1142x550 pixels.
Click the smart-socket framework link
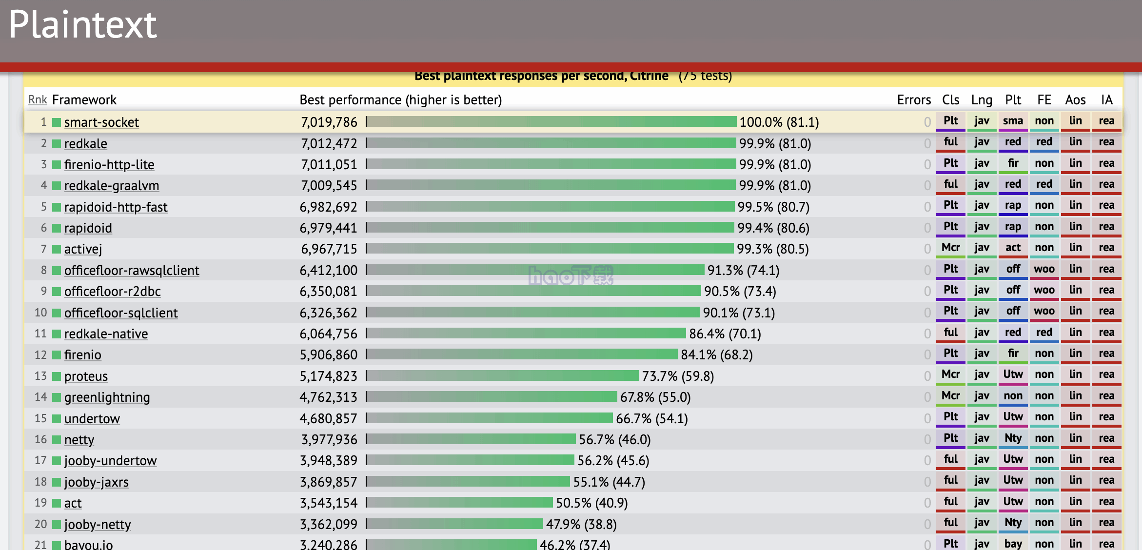pos(101,122)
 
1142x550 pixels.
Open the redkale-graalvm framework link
pos(112,186)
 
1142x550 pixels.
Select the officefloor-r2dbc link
pos(112,292)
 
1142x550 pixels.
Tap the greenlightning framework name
pos(107,397)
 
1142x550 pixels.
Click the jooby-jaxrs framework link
pos(96,482)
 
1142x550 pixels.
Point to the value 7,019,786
pos(329,122)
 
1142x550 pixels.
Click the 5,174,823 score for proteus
pos(329,376)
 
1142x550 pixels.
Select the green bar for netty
pos(471,439)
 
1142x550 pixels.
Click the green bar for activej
pos(550,249)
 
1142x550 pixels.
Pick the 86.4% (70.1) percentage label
pos(725,334)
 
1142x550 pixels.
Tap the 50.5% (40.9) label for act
pos(591,503)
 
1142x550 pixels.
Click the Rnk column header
pos(38,100)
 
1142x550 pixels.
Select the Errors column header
pos(914,100)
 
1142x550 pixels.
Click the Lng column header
pos(982,100)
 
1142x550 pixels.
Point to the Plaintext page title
pos(83,25)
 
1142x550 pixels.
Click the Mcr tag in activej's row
pos(950,248)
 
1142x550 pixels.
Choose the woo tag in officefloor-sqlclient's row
pos(1044,311)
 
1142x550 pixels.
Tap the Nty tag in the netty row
pos(1013,438)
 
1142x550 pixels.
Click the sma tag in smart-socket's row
pos(1013,121)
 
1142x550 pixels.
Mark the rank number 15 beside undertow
pos(40,419)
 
